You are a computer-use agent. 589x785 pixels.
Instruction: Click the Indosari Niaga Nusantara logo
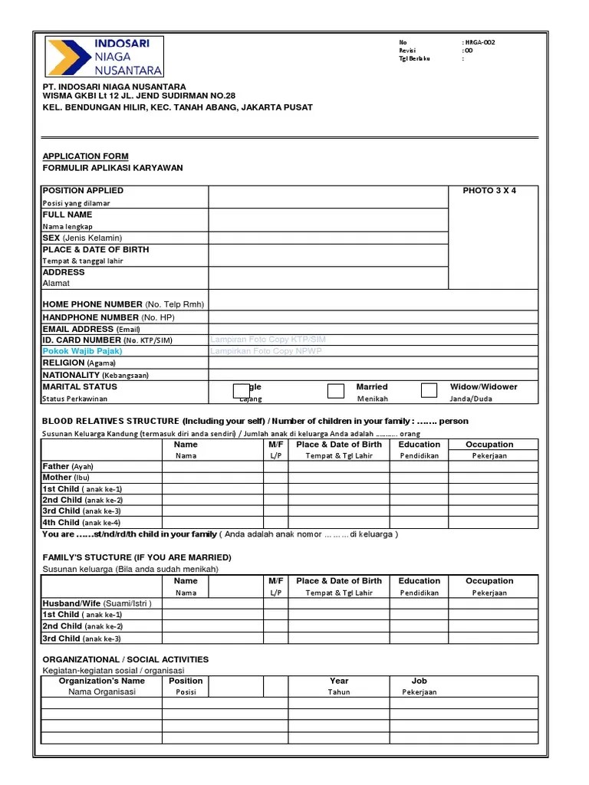click(104, 57)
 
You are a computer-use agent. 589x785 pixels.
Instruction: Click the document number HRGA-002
click(479, 42)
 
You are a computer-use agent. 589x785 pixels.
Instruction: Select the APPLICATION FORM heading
click(85, 156)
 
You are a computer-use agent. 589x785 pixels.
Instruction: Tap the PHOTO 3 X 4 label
click(489, 191)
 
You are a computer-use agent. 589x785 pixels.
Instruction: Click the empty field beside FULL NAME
click(327, 220)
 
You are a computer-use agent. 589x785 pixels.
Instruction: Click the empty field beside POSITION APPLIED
click(327, 197)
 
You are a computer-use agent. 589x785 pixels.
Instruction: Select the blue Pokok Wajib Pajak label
click(82, 351)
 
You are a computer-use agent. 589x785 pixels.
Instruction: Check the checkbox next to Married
click(336, 391)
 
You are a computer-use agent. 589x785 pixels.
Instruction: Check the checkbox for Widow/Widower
click(429, 391)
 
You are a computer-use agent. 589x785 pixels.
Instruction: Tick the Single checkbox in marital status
click(242, 391)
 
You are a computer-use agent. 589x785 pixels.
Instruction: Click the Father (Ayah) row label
click(67, 466)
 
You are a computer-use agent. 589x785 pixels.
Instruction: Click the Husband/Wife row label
click(97, 603)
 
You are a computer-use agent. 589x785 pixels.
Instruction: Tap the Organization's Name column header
click(101, 681)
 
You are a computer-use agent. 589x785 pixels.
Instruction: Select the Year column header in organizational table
click(339, 681)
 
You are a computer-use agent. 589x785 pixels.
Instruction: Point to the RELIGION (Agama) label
click(79, 363)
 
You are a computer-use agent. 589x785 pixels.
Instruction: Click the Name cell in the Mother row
click(212, 478)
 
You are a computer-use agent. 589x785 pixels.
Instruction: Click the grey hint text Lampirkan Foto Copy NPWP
click(266, 351)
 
